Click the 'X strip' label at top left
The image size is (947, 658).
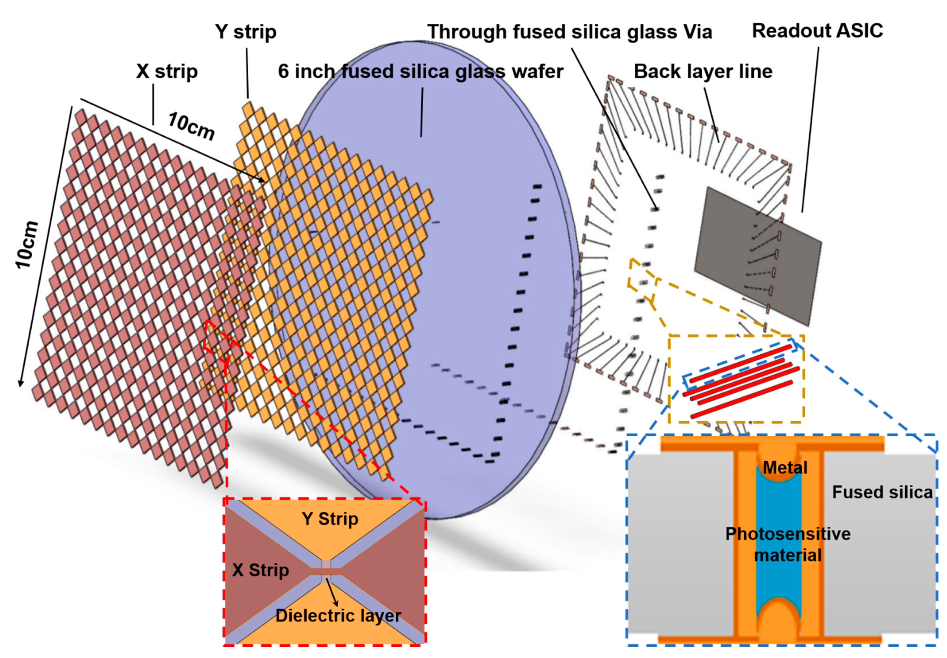pyautogui.click(x=167, y=72)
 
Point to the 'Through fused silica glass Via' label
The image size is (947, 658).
pyautogui.click(x=570, y=32)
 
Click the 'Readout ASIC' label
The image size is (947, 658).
pyautogui.click(x=818, y=31)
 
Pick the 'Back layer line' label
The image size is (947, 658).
pyautogui.click(x=703, y=72)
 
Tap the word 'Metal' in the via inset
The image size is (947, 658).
pyautogui.click(x=785, y=468)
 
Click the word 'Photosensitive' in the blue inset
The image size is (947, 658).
pyautogui.click(x=788, y=534)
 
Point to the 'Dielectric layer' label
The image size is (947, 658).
pyautogui.click(x=338, y=616)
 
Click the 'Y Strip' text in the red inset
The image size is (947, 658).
pyautogui.click(x=330, y=519)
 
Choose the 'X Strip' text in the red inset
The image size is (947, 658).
pyautogui.click(x=260, y=570)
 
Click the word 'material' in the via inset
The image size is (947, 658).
pyautogui.click(x=788, y=555)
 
